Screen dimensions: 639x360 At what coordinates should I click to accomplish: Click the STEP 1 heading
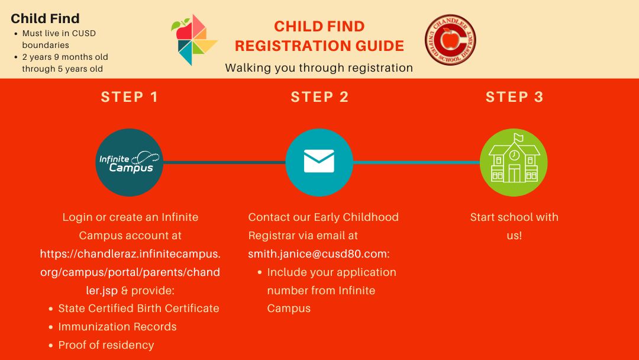click(130, 97)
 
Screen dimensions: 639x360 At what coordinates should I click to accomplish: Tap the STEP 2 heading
click(319, 97)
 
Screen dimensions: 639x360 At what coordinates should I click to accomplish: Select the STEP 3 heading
click(514, 97)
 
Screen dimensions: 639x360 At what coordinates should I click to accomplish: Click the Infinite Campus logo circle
click(130, 162)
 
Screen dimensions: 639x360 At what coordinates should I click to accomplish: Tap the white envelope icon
click(319, 161)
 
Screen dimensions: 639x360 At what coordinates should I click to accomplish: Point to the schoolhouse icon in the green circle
click(514, 159)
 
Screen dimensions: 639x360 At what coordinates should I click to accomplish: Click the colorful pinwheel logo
click(194, 40)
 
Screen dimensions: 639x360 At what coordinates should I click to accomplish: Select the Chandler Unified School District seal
click(450, 40)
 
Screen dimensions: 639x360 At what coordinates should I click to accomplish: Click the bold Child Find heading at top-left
click(45, 18)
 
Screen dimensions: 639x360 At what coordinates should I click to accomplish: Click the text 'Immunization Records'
click(117, 327)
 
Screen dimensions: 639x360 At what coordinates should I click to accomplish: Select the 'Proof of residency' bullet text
click(106, 345)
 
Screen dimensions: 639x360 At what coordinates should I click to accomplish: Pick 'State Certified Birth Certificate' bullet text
click(138, 308)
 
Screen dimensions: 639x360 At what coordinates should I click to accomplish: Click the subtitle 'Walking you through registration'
click(319, 67)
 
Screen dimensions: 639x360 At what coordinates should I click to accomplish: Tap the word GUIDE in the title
click(380, 46)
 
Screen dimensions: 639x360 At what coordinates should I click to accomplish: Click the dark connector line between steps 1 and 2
click(225, 162)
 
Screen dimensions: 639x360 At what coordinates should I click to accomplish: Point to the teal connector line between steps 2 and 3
click(417, 162)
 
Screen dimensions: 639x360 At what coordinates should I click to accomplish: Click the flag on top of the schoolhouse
click(518, 137)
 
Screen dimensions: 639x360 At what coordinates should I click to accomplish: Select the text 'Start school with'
click(514, 217)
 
